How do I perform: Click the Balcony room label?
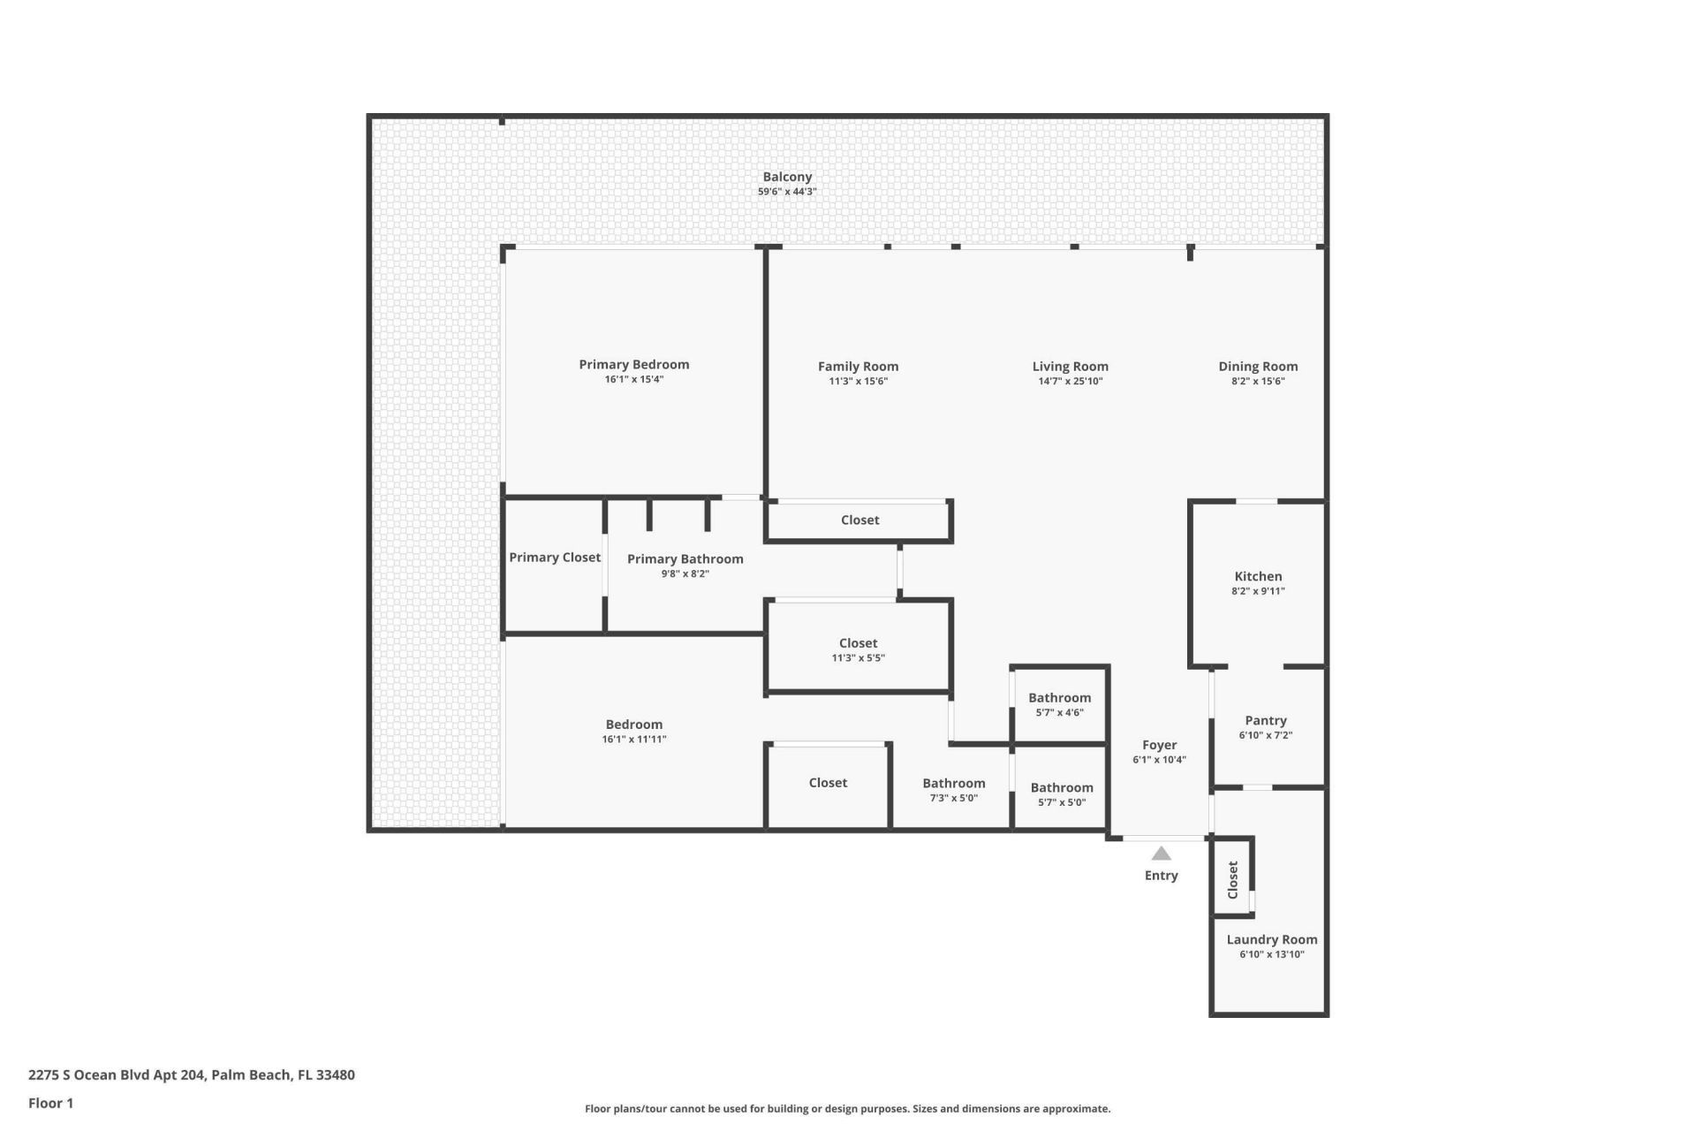(x=787, y=177)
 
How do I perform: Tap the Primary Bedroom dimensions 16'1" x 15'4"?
(x=633, y=380)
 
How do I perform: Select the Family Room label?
(x=858, y=366)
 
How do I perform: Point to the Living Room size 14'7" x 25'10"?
(x=1070, y=382)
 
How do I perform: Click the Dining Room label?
(x=1258, y=366)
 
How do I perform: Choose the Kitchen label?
(x=1258, y=576)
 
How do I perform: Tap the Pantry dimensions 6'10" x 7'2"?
(x=1265, y=735)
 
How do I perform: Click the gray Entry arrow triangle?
(x=1161, y=854)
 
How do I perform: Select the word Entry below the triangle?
(x=1161, y=876)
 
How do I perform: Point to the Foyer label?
(x=1159, y=745)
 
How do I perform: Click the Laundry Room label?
(x=1271, y=939)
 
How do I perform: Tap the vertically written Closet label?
(x=1233, y=880)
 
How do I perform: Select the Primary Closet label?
(x=555, y=558)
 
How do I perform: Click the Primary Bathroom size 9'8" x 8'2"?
(x=685, y=574)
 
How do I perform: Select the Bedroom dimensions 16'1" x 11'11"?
(x=633, y=740)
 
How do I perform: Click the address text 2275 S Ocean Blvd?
(x=117, y=1075)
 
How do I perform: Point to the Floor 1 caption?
(x=50, y=1103)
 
